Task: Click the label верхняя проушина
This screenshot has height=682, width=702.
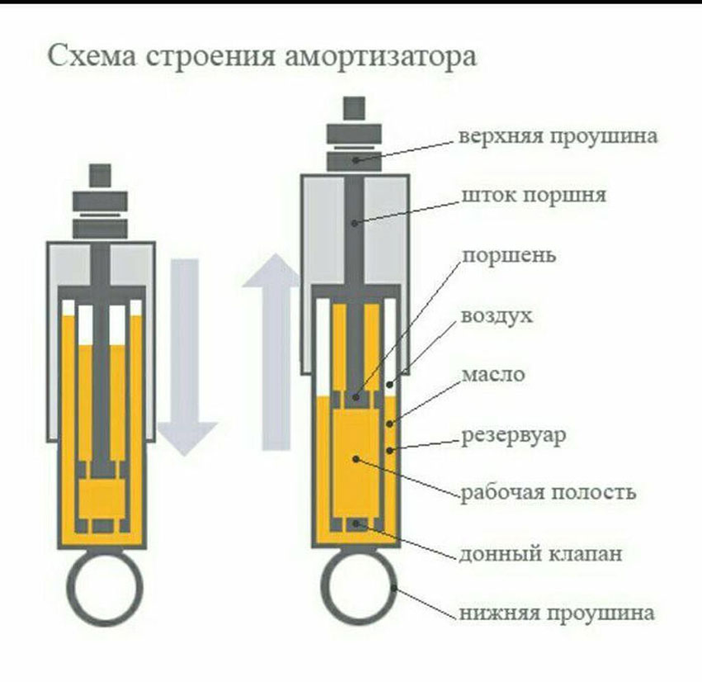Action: click(558, 135)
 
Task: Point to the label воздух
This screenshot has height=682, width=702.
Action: click(497, 316)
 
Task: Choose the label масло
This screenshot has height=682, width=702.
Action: click(492, 374)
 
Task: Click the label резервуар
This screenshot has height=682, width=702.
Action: click(513, 434)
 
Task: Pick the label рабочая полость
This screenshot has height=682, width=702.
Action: click(548, 493)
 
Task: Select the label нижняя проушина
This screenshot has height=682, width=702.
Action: click(558, 613)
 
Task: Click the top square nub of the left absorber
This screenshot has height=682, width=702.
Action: click(101, 175)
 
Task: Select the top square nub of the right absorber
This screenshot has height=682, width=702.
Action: click(355, 107)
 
